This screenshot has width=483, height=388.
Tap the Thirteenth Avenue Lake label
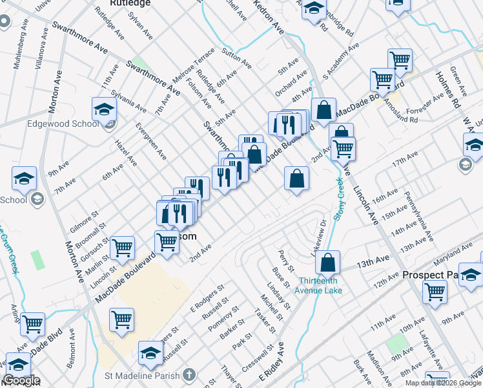click(x=320, y=285)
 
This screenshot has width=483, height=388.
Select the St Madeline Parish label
click(x=143, y=375)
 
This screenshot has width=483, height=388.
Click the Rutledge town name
click(x=130, y=3)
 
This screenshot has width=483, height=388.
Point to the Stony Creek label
click(x=338, y=199)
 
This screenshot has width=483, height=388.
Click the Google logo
click(x=21, y=380)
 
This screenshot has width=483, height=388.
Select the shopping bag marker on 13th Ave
click(x=328, y=263)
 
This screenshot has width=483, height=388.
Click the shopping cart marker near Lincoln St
click(x=121, y=248)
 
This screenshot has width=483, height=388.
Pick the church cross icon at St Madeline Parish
click(x=189, y=375)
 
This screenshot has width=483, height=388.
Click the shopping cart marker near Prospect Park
click(x=435, y=292)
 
